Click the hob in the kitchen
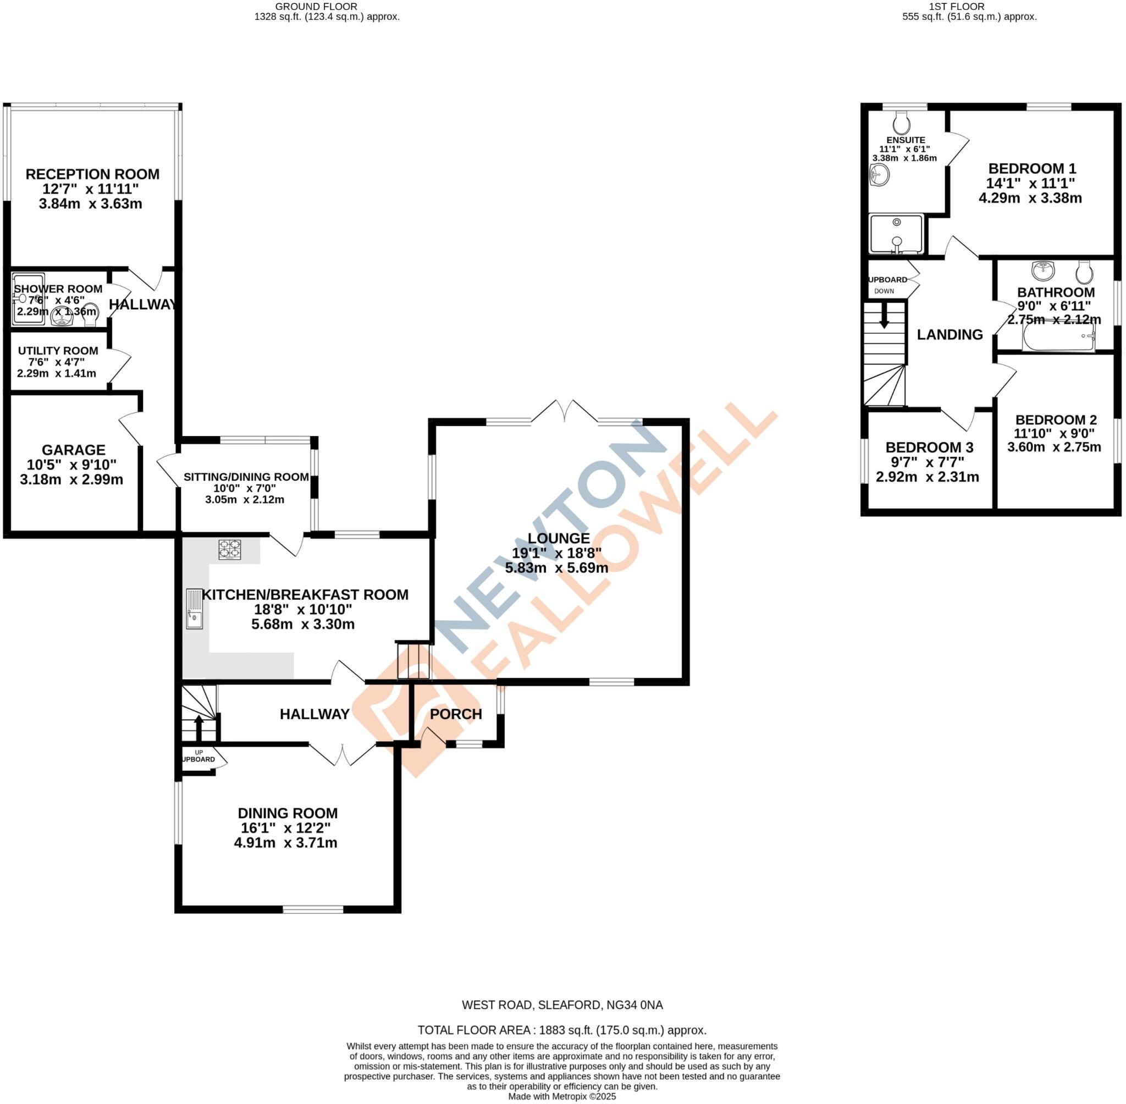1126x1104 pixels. [x=230, y=549]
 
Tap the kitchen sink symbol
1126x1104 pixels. [x=194, y=609]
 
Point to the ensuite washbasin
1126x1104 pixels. [x=880, y=174]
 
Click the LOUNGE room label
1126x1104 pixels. [x=559, y=538]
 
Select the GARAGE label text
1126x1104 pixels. [x=74, y=450]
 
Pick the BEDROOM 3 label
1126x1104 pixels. [x=929, y=448]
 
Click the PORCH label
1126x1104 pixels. [x=456, y=714]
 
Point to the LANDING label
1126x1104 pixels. [x=950, y=335]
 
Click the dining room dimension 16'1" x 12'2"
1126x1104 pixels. [x=287, y=828]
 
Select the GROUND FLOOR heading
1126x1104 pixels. [x=316, y=7]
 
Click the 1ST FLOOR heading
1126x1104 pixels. [x=969, y=7]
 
